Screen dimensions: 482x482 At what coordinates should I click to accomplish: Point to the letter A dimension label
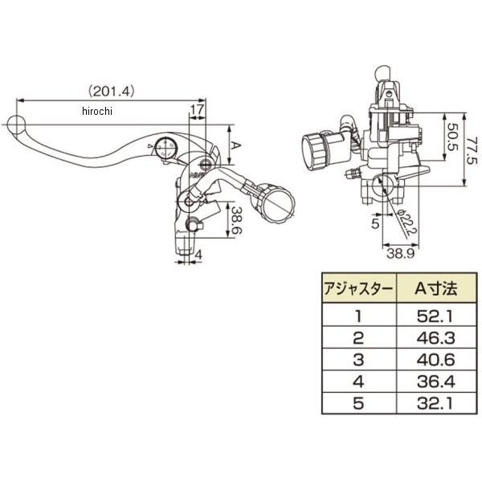click(x=237, y=145)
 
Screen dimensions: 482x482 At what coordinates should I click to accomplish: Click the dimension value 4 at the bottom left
click(x=198, y=256)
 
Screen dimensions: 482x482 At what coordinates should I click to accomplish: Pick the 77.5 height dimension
click(x=473, y=149)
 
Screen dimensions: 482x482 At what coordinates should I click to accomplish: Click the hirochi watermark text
click(x=97, y=112)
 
